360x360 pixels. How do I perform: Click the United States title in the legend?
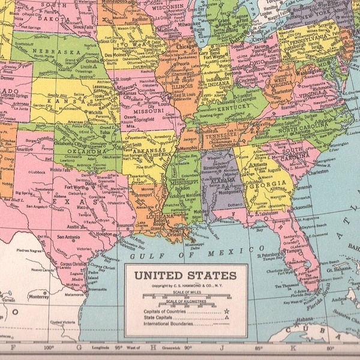pyautogui.click(x=185, y=276)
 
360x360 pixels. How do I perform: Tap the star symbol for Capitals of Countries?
pyautogui.click(x=227, y=311)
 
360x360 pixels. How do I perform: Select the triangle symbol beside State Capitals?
pyautogui.click(x=227, y=318)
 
